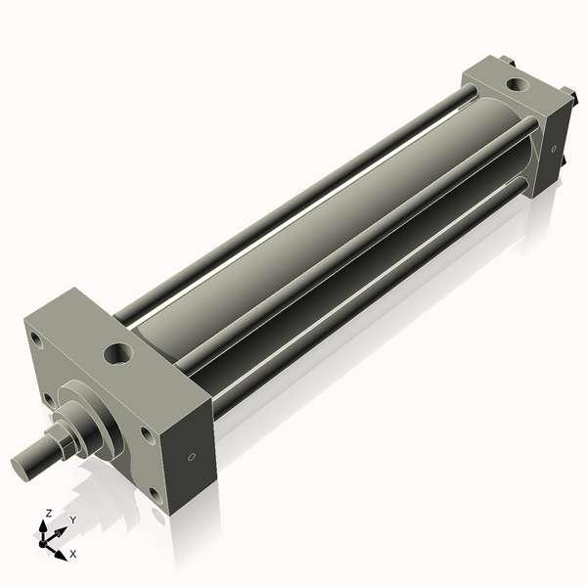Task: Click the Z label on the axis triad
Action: (49, 513)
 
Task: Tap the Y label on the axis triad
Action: (72, 520)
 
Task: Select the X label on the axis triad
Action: (73, 554)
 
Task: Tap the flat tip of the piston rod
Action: (21, 466)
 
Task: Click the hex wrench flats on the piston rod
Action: (60, 442)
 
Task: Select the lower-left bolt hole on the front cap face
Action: (48, 399)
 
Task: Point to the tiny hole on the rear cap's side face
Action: (554, 149)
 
